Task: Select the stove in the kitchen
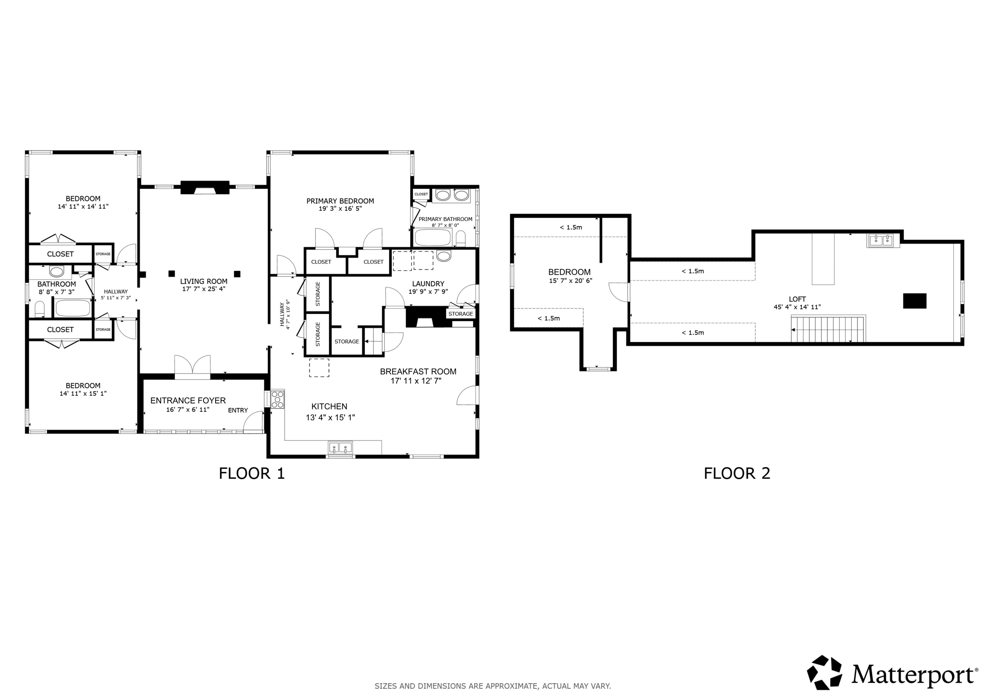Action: (278, 399)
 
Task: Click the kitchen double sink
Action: (340, 448)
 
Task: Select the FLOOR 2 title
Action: (737, 473)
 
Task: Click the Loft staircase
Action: (828, 329)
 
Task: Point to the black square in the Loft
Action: (915, 301)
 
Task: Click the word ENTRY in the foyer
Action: (238, 410)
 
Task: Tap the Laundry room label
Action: (428, 283)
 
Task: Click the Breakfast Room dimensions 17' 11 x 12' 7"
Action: (416, 381)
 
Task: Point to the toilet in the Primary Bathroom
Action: (460, 238)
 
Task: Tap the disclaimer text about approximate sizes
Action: (493, 686)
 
